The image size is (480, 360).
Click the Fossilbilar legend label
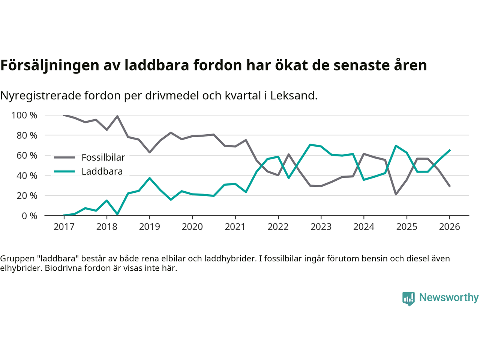103,157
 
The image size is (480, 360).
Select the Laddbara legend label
102,172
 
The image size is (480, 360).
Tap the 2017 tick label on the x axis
64,227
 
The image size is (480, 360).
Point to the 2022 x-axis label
278,227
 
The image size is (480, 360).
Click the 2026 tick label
449,227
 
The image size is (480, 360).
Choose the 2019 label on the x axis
149,227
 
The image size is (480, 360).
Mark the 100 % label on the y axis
24,115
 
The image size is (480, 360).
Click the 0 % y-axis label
29,216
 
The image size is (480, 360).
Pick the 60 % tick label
27,156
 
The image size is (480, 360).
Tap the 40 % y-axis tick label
27,175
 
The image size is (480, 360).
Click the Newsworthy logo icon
408,298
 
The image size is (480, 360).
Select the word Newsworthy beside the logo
448,297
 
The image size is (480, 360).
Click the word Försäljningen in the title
46,66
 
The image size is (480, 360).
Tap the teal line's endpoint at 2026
450,150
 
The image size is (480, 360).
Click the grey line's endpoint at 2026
450,186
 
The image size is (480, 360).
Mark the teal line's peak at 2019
150,178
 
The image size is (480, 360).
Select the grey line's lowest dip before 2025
396,194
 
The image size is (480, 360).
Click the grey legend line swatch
64,157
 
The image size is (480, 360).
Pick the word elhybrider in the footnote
19,268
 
